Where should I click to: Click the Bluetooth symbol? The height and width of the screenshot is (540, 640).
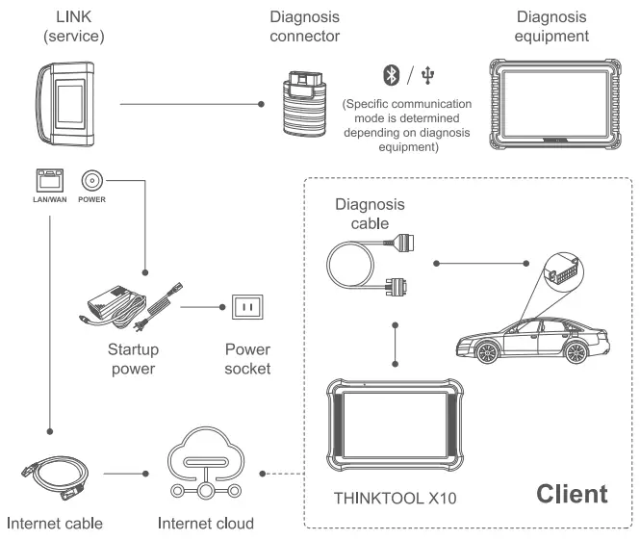click(391, 75)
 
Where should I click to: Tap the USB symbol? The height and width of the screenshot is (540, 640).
click(427, 75)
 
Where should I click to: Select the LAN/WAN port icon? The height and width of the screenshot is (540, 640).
click(50, 180)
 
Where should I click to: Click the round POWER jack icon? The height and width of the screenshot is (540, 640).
click(91, 180)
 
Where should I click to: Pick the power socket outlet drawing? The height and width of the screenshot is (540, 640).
click(247, 307)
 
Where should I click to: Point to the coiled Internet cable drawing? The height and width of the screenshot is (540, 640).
click(55, 478)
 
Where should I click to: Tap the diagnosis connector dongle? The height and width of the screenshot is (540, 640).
click(304, 104)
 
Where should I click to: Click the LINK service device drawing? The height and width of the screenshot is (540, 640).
click(66, 104)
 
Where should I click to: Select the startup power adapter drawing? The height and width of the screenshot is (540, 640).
click(130, 307)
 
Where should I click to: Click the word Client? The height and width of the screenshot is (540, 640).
click(572, 494)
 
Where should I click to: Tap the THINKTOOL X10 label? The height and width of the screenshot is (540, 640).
click(395, 499)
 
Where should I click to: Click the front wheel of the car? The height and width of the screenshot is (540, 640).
click(487, 352)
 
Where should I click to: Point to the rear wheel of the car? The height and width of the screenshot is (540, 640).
click(576, 352)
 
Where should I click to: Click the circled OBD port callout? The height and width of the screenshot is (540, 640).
click(564, 271)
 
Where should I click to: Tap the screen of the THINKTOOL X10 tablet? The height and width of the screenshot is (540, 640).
click(395, 424)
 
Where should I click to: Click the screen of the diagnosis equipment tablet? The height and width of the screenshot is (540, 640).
click(555, 104)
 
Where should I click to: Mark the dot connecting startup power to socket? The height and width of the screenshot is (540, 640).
click(222, 307)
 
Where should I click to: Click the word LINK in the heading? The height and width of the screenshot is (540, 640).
click(74, 17)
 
